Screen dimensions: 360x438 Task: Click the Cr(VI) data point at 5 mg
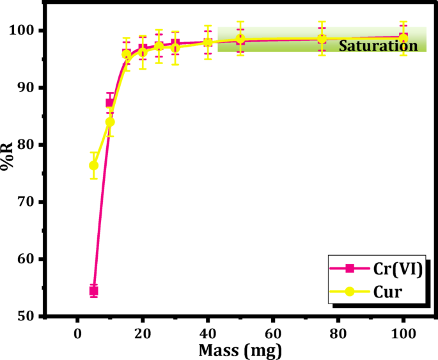93,291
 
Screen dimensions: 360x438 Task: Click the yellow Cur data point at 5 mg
93,166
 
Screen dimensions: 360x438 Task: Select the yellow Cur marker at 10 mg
110,121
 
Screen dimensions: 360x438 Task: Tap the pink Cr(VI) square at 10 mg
109,103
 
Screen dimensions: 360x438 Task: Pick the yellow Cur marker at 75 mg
322,39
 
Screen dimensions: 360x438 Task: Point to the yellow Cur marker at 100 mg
403,38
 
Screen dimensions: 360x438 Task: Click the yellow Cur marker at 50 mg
240,39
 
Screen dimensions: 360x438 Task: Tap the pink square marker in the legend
350,269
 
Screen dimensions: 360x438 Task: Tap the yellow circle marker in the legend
350,292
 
